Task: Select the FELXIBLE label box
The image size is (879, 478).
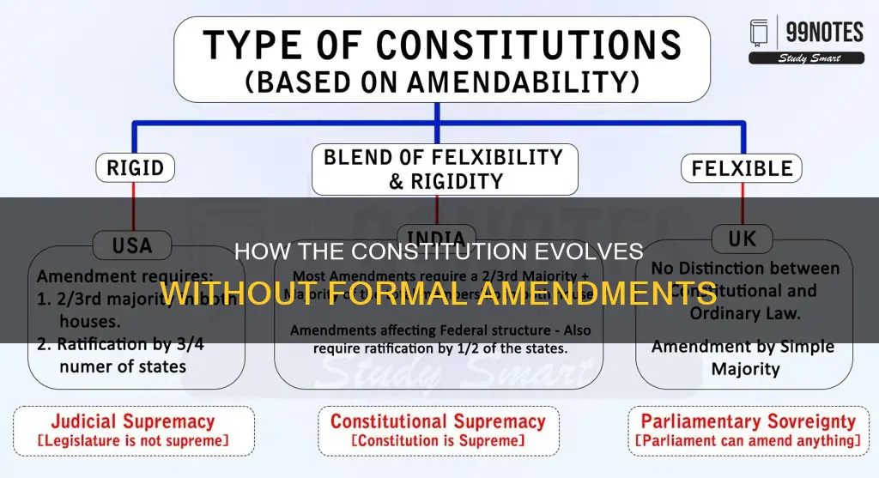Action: coord(742,167)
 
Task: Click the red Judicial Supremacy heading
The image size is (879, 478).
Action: coord(133,421)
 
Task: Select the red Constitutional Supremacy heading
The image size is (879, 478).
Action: coord(439,421)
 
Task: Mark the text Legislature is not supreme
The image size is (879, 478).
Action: coord(133,442)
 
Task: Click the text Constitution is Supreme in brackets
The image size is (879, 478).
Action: coord(439,442)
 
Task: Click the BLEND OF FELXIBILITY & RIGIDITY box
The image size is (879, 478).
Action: coord(443,169)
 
